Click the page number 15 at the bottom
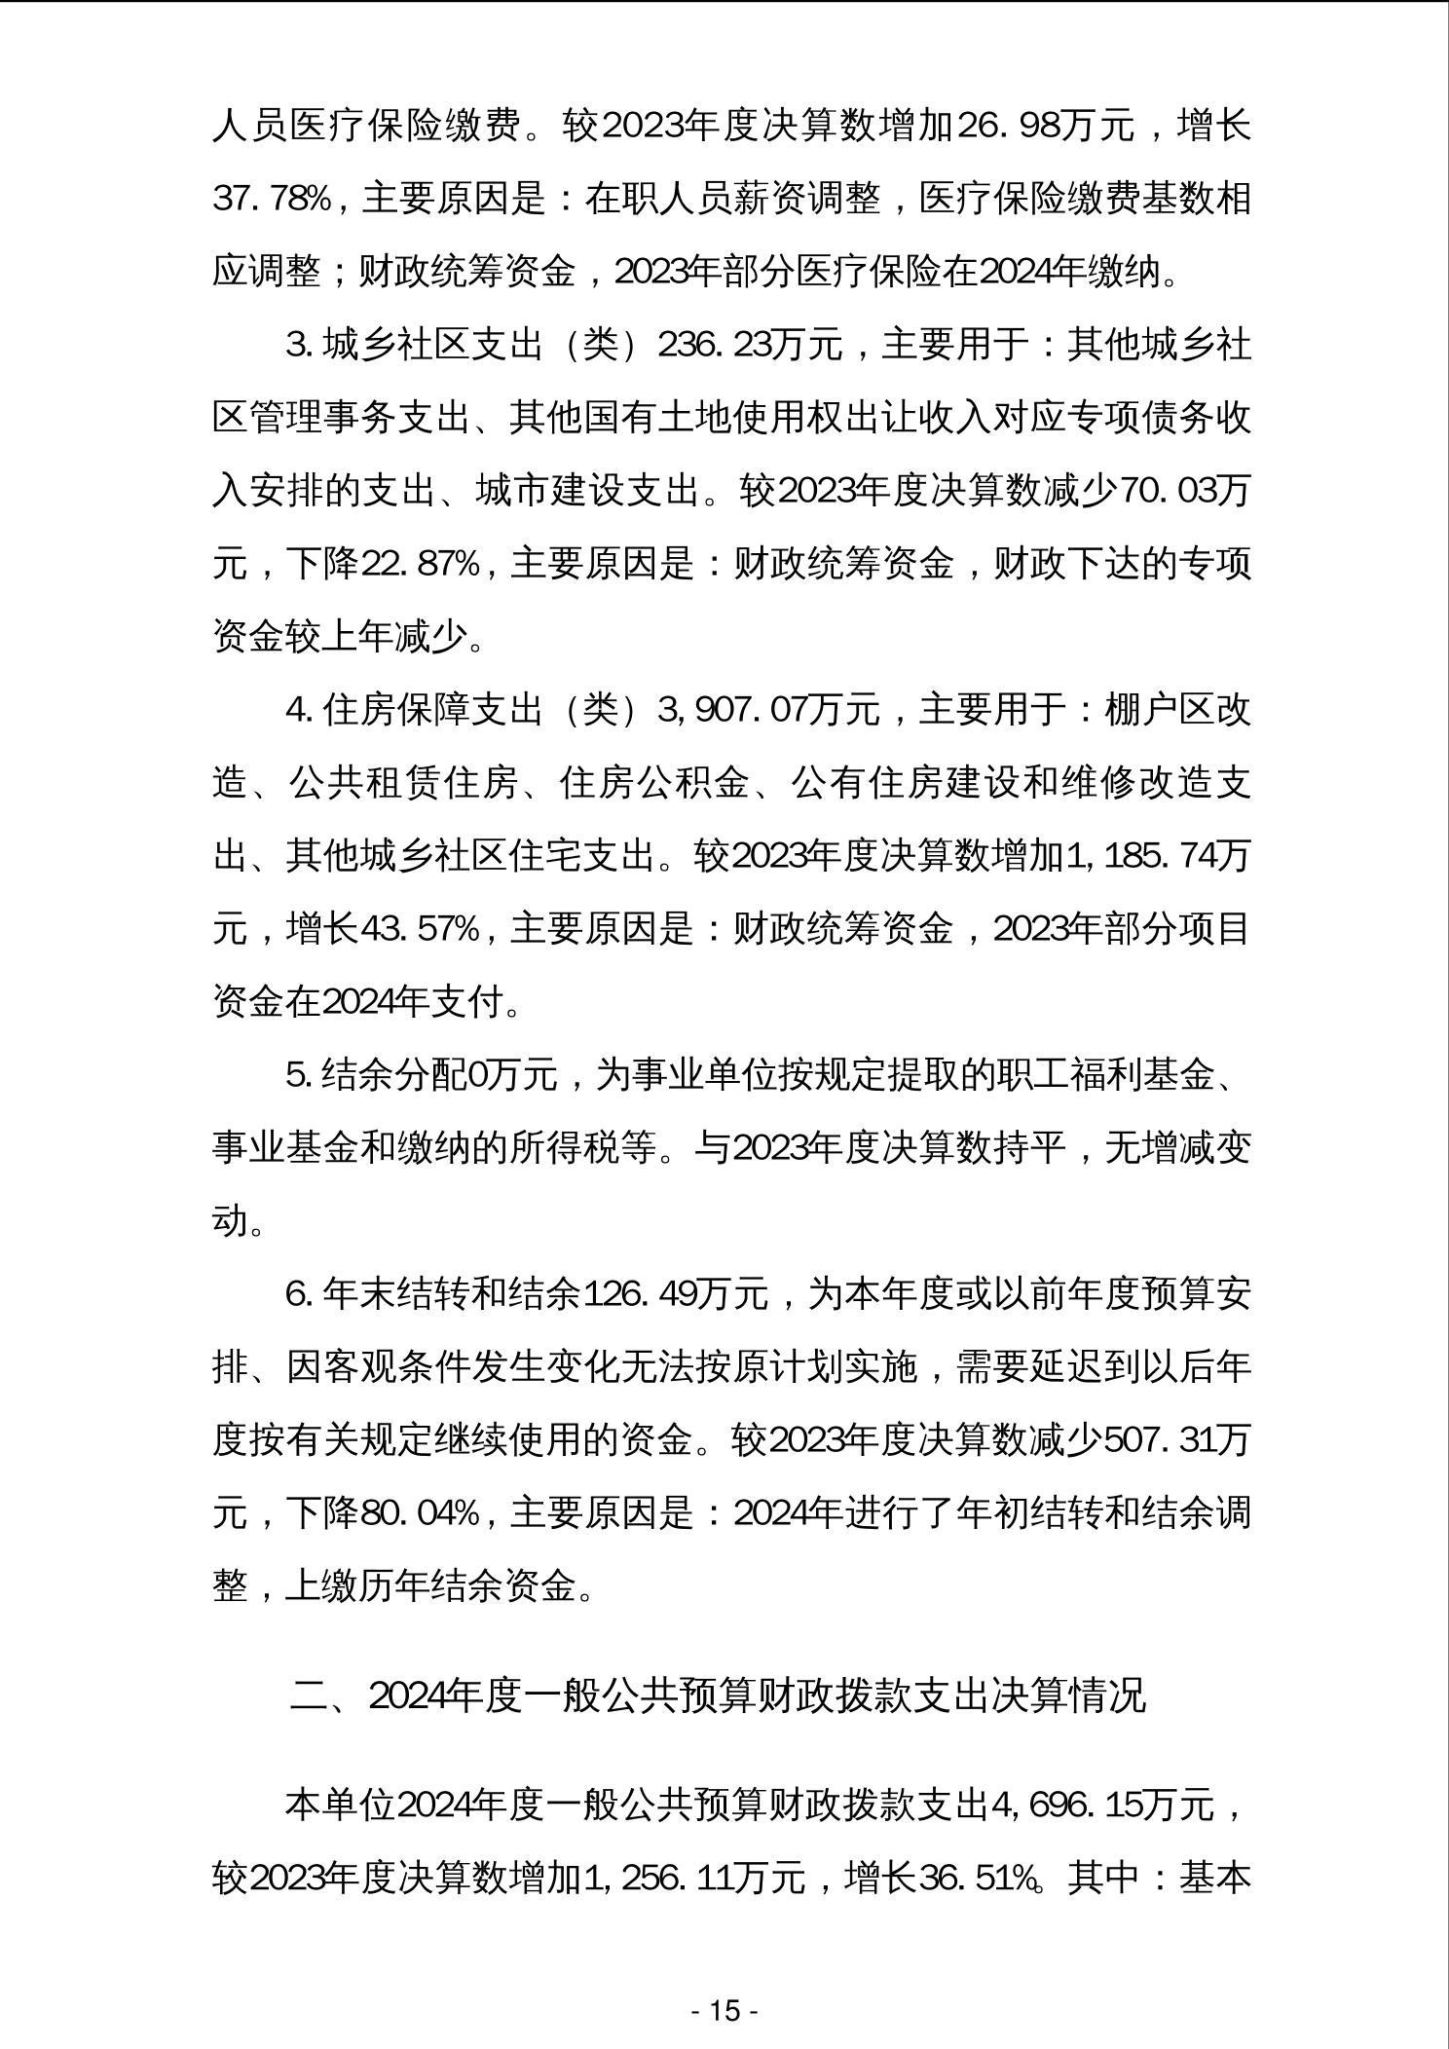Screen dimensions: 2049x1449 coord(724,2010)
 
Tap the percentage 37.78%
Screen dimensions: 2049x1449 coord(272,201)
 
